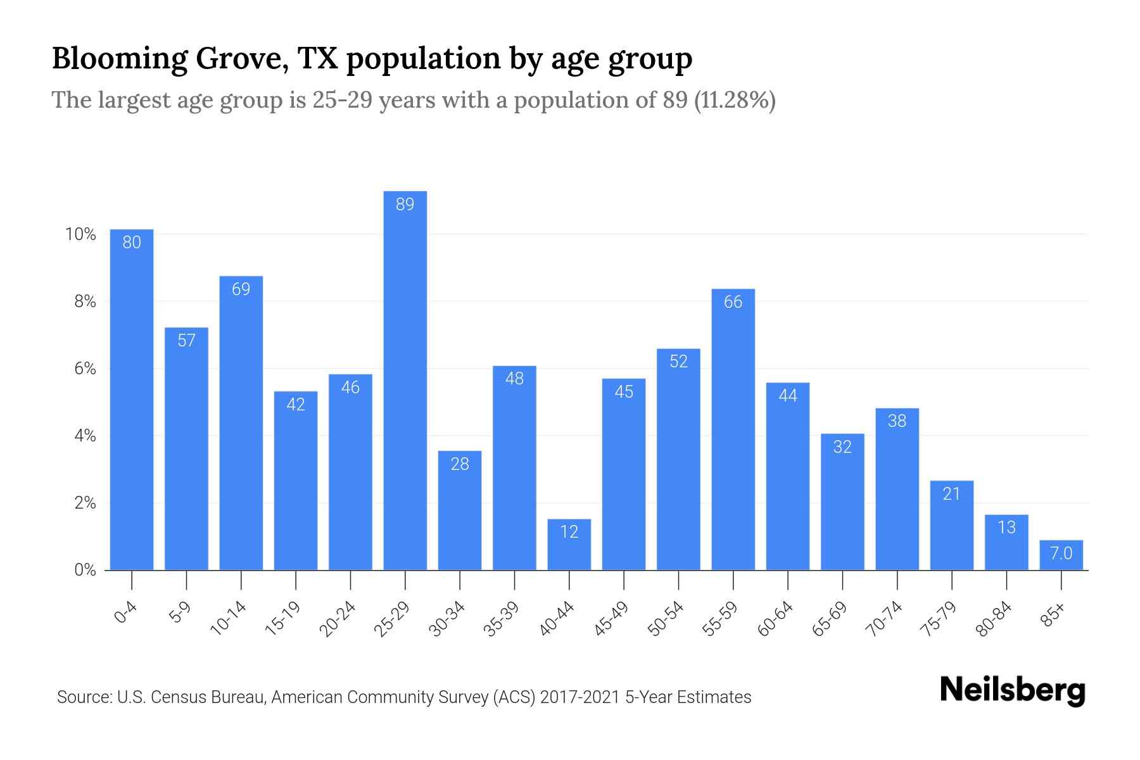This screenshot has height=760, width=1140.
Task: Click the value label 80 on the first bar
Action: pyautogui.click(x=132, y=243)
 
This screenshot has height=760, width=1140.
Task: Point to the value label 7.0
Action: pyautogui.click(x=1061, y=554)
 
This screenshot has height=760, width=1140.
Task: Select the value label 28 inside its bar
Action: pyautogui.click(x=460, y=464)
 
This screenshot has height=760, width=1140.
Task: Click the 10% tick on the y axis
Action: pyautogui.click(x=80, y=235)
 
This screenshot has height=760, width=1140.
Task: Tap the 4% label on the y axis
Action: pyautogui.click(x=85, y=436)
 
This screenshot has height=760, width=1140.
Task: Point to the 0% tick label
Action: pyautogui.click(x=85, y=571)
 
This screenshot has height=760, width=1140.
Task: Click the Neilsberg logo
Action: pyautogui.click(x=1012, y=691)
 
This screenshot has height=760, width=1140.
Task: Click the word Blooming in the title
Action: pyautogui.click(x=118, y=58)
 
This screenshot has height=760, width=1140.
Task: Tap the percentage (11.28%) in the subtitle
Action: pyautogui.click(x=735, y=100)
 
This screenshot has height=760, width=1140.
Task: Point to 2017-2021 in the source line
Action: pyautogui.click(x=579, y=697)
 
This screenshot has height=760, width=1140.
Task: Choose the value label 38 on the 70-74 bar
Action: pyautogui.click(x=897, y=421)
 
